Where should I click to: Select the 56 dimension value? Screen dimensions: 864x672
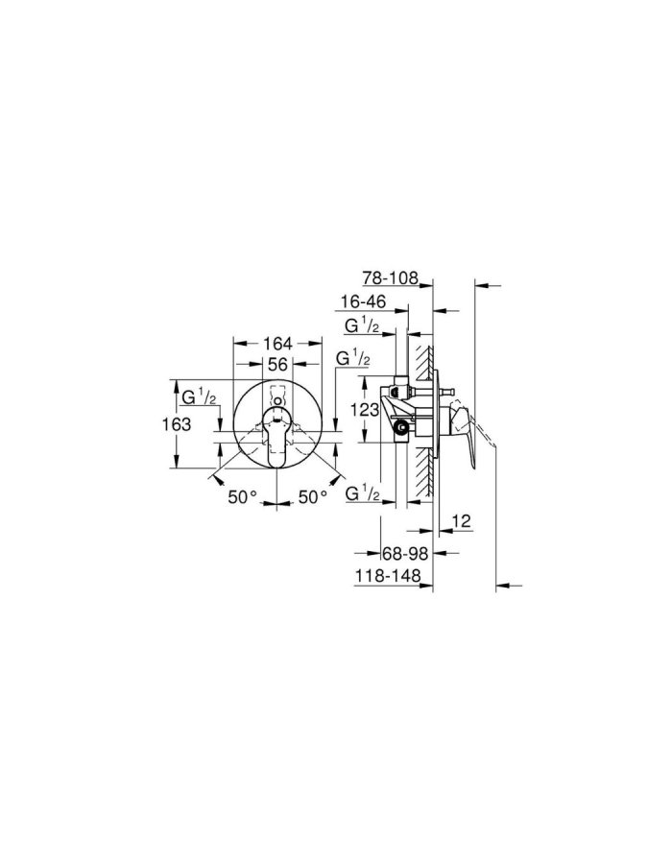point(277,365)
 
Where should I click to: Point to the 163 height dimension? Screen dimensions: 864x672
point(176,423)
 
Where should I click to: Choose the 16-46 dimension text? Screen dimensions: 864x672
point(366,301)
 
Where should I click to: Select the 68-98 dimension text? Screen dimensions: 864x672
point(403,554)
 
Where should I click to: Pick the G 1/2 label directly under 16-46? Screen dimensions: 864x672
point(364,326)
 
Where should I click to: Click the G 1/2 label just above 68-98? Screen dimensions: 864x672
point(364,493)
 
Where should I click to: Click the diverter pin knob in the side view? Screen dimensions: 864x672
point(447,392)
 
